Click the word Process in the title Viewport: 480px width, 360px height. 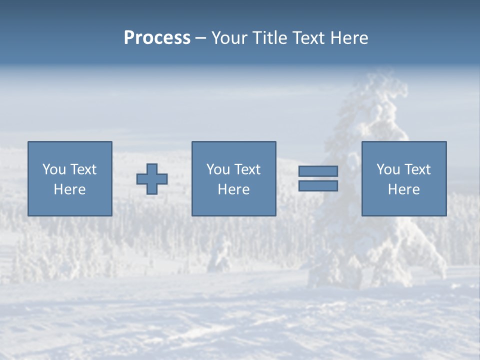(x=157, y=37)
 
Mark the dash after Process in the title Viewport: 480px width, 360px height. (x=200, y=38)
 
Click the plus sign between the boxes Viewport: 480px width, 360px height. (x=152, y=179)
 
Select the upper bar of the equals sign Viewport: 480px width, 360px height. (x=318, y=171)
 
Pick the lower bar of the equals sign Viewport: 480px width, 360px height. (x=318, y=186)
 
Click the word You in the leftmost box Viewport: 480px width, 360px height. (x=54, y=169)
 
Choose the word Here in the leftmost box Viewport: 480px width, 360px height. (x=69, y=189)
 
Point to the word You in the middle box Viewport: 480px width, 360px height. (x=218, y=169)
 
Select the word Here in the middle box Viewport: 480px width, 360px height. (x=233, y=189)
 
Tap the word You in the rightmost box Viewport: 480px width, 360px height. (x=388, y=169)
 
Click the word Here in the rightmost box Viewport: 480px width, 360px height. (x=403, y=189)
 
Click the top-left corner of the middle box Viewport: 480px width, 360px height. (x=192, y=142)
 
